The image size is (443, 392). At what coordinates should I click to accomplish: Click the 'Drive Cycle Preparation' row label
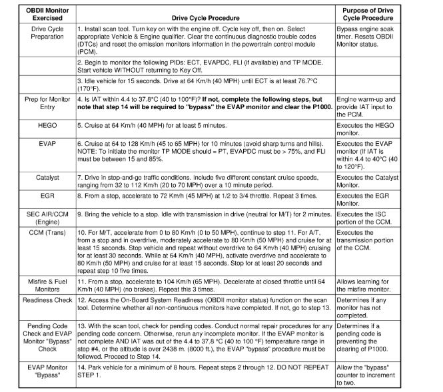[38, 34]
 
